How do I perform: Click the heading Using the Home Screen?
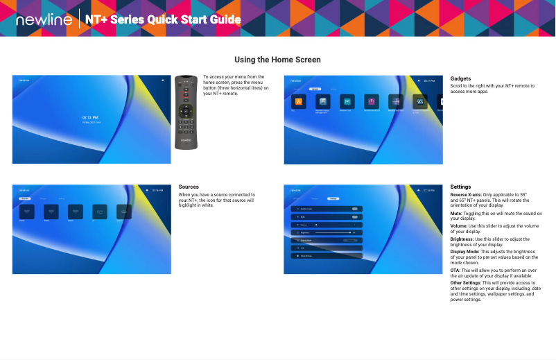click(277, 60)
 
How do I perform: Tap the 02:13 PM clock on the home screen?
click(91, 118)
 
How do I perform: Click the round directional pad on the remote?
click(185, 110)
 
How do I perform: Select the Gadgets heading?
click(460, 79)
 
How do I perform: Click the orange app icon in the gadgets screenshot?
click(299, 101)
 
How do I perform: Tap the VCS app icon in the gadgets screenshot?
click(420, 101)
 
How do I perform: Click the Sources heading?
click(189, 187)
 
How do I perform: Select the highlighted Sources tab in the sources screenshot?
click(25, 198)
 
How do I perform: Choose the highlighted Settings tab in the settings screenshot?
click(333, 198)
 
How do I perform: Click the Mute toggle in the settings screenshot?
click(354, 216)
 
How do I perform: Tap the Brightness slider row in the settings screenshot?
click(326, 232)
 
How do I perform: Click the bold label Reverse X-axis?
click(466, 195)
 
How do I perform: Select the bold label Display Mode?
click(467, 251)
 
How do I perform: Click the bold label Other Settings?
click(465, 282)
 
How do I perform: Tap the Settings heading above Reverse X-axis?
click(460, 187)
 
